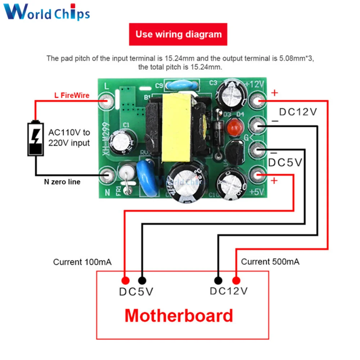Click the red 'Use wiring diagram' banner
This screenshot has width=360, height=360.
[178, 35]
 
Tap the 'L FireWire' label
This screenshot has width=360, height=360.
[71, 95]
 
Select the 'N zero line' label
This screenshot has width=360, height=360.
[62, 182]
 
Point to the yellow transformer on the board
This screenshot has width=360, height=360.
[177, 128]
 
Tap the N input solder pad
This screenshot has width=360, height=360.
[108, 175]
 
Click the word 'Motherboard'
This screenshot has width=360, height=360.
[179, 316]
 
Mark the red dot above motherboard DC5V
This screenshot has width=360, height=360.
[125, 280]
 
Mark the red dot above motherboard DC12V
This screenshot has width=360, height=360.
[236, 280]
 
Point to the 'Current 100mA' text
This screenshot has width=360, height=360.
[82, 262]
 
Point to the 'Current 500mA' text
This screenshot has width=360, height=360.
[270, 262]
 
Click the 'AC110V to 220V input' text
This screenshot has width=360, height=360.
[69, 138]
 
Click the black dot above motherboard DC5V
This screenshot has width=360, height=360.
[142, 280]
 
